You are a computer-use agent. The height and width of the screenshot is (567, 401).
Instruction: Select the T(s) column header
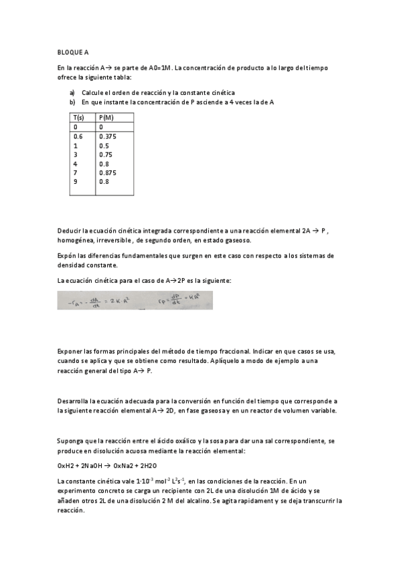coord(79,117)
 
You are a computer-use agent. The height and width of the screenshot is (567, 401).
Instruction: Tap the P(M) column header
coord(106,117)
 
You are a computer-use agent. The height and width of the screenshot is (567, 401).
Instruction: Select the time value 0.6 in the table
coord(78,136)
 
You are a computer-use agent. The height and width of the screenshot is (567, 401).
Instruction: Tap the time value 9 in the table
coord(76,181)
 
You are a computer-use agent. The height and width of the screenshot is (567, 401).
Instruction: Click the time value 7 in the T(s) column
coord(76,173)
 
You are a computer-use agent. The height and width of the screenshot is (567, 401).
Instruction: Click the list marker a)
coord(72,93)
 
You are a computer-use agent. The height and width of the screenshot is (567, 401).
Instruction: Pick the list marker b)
coord(72,102)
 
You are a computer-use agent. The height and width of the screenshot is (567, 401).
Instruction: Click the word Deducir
coord(70,231)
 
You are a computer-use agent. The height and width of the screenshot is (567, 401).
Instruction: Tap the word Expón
coord(68,255)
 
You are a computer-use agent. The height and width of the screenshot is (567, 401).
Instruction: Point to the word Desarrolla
coord(73,401)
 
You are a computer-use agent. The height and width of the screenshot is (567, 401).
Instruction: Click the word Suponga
coord(71,441)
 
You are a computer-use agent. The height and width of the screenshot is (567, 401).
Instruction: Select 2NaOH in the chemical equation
coord(92,465)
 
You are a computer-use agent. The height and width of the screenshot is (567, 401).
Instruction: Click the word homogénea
coord(76,240)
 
